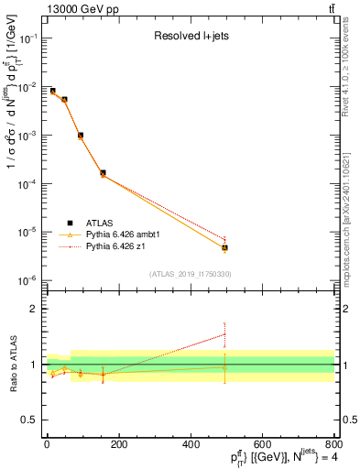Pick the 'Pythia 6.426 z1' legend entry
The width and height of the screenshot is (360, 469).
pos(115,246)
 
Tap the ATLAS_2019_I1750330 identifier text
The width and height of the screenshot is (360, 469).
pos(190,274)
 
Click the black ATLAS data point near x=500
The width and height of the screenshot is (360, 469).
pos(224,247)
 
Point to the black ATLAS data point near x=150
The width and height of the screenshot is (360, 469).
pos(103,172)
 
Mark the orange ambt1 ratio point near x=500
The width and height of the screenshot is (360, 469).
pos(224,367)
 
